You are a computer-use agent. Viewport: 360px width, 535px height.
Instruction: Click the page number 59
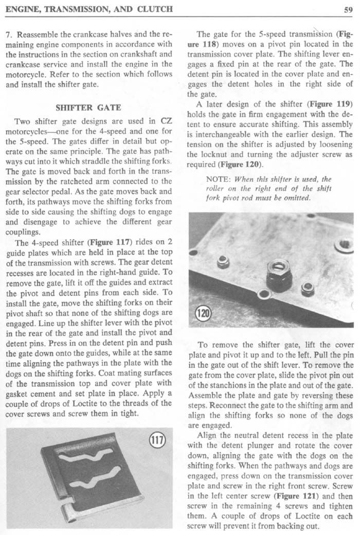[347, 8]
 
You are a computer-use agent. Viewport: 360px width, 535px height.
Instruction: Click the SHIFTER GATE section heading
[87, 108]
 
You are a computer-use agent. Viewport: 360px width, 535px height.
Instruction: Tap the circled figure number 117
[155, 440]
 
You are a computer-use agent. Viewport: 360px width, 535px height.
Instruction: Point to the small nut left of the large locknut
[223, 262]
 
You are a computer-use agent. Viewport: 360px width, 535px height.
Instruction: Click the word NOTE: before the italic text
[218, 179]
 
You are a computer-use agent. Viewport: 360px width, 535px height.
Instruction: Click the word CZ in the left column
[166, 121]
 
